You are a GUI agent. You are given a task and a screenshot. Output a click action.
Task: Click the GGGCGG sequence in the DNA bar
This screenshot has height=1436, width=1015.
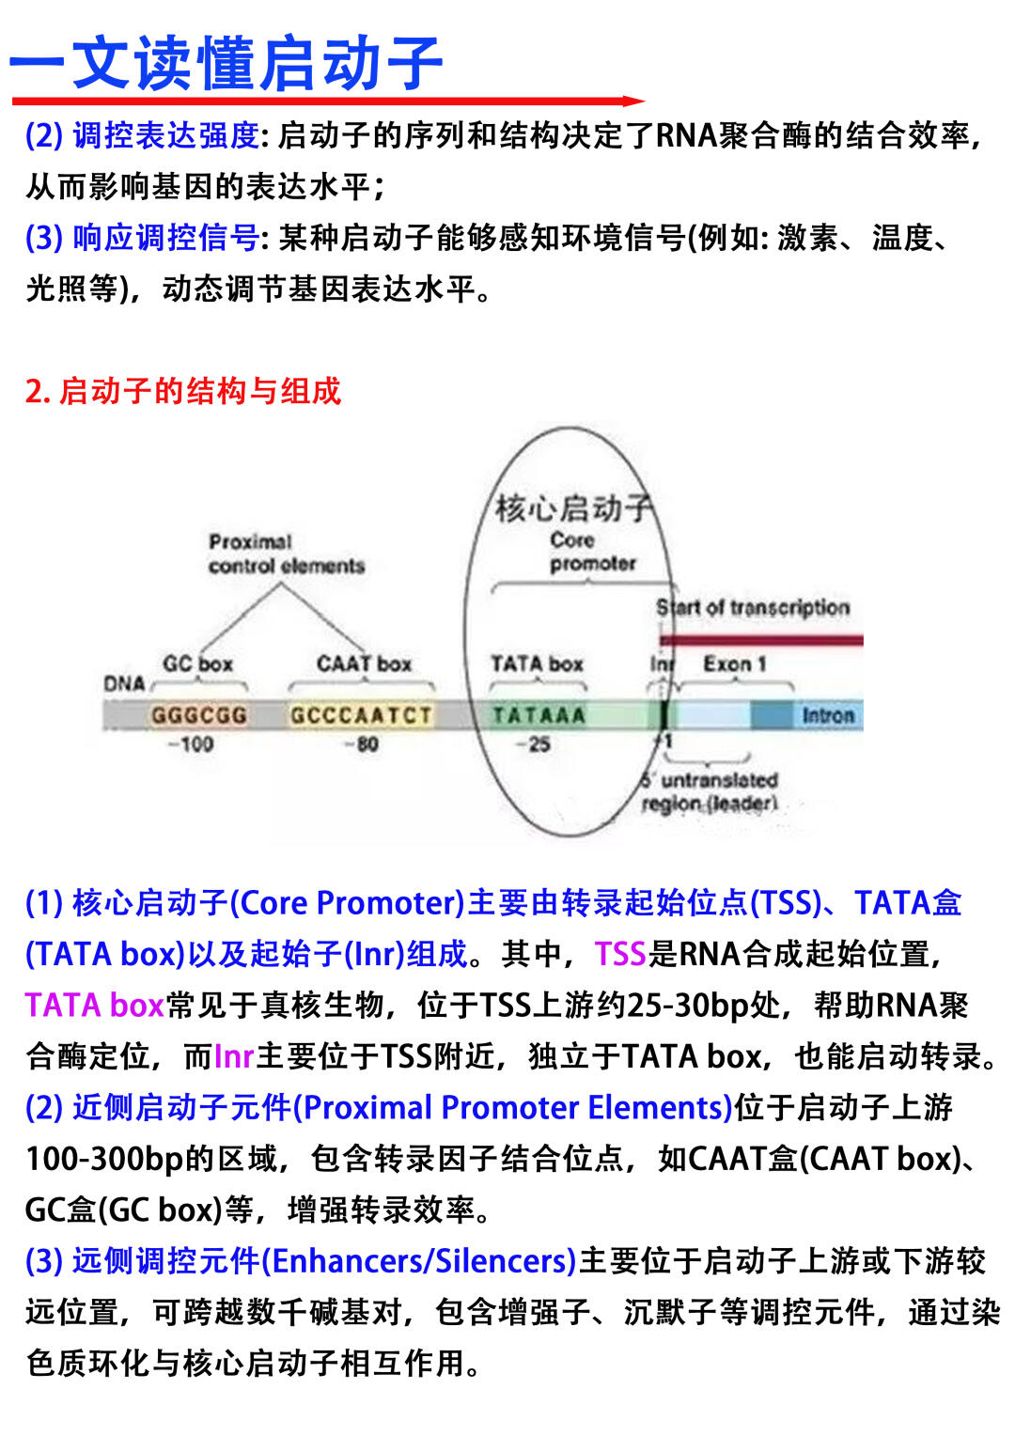pyautogui.click(x=199, y=715)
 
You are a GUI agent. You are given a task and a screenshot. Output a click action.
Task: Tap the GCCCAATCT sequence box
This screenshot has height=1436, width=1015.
pyautogui.click(x=361, y=715)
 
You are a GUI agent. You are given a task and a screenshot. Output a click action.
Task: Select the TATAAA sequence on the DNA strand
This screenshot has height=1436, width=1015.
pyautogui.click(x=539, y=715)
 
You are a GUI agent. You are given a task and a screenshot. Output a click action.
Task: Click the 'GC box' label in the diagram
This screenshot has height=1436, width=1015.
pyautogui.click(x=197, y=663)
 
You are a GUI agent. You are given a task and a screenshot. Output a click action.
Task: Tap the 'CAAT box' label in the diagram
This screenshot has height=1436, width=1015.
pyautogui.click(x=364, y=663)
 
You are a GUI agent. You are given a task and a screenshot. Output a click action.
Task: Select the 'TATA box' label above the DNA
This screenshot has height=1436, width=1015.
pyautogui.click(x=537, y=663)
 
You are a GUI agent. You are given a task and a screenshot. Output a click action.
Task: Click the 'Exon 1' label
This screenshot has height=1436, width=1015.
pyautogui.click(x=734, y=663)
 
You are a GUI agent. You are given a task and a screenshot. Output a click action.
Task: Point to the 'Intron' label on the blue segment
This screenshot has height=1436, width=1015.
pyautogui.click(x=828, y=715)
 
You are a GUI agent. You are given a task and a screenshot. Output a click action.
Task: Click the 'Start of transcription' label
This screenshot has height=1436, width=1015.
pyautogui.click(x=753, y=607)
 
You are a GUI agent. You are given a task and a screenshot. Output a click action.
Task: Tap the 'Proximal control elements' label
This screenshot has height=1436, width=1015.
pyautogui.click(x=286, y=554)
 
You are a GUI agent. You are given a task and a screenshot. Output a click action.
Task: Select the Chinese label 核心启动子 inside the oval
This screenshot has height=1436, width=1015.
pyautogui.click(x=572, y=508)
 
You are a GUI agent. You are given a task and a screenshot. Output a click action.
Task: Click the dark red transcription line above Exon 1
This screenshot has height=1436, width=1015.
pyautogui.click(x=761, y=640)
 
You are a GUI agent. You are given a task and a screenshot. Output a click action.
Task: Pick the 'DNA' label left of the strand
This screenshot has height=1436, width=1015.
pyautogui.click(x=124, y=683)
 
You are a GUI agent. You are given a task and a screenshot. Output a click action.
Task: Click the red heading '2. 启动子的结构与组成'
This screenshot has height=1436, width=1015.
pyautogui.click(x=183, y=390)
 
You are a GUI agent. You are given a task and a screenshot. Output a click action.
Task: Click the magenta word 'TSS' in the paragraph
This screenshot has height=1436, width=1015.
pyautogui.click(x=620, y=954)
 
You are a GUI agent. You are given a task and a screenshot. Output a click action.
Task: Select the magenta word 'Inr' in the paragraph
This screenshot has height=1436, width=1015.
pyautogui.click(x=234, y=1056)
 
